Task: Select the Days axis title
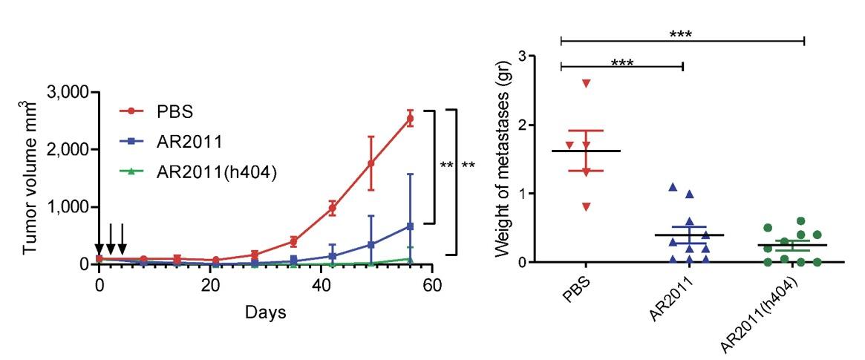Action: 266,312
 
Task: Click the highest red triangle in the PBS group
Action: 586,83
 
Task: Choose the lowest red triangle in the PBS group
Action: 586,206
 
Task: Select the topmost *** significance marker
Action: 682,34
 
